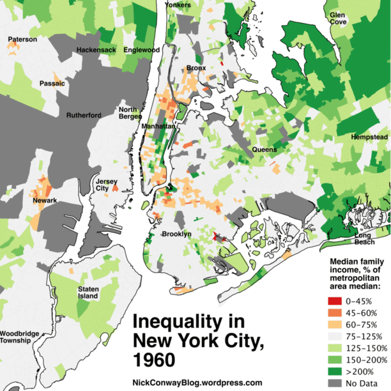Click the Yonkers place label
tap(179, 4)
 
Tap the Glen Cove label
tap(338, 17)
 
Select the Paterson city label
tap(22, 40)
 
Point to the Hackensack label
tap(96, 49)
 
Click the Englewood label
tap(141, 49)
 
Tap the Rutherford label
tap(84, 116)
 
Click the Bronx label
tap(196, 68)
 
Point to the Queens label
tap(264, 149)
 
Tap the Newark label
tap(45, 201)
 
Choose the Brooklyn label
tap(176, 234)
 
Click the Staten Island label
tap(88, 293)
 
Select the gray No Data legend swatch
tap(335, 382)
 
